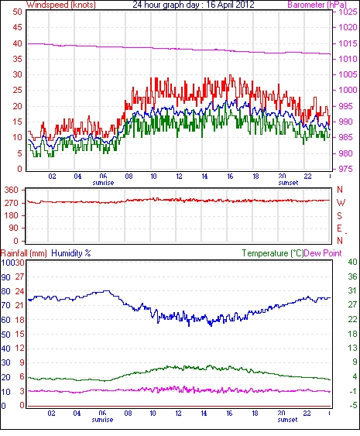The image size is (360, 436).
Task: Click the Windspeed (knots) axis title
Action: [x=61, y=5]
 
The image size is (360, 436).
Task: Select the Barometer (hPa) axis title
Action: [x=317, y=5]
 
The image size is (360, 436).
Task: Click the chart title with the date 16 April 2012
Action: [x=194, y=5]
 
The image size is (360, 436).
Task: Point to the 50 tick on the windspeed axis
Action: [x=17, y=12]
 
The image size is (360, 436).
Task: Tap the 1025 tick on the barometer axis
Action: [x=348, y=12]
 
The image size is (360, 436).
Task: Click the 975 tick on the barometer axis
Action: [x=345, y=169]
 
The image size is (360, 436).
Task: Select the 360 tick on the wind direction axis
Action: [x=11, y=190]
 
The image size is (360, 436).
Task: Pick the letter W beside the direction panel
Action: [x=341, y=203]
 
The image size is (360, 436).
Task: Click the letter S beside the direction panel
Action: [x=339, y=215]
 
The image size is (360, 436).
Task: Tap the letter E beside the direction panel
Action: [x=339, y=228]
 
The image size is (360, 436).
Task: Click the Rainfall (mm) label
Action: [x=24, y=253]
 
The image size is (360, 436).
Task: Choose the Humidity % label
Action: [x=71, y=253]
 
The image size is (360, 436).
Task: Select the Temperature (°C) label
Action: [x=273, y=253]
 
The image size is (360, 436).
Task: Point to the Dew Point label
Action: [x=323, y=253]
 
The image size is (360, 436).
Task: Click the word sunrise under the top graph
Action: [x=103, y=183]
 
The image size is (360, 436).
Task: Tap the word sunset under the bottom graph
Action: [x=287, y=420]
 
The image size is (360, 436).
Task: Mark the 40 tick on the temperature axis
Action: [x=352, y=262]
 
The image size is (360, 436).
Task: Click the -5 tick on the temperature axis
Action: [x=353, y=405]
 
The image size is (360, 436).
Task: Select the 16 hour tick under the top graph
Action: [x=230, y=177]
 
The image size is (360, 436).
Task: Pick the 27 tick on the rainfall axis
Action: [x=19, y=277]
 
